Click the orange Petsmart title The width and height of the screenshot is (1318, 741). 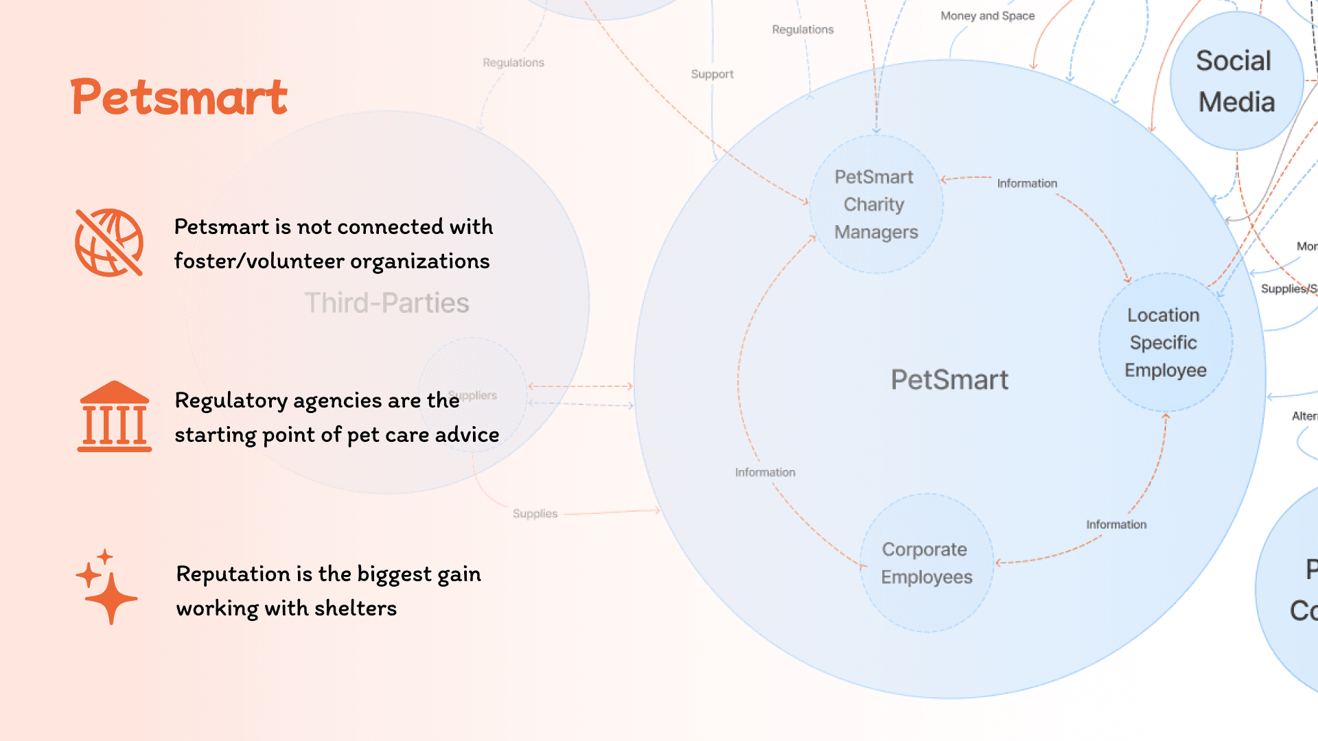178,97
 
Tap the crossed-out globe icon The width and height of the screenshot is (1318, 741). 109,242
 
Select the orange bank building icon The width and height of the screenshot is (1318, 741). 114,416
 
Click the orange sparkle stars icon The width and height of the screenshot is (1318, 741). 106,587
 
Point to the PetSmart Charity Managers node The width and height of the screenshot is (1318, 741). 875,204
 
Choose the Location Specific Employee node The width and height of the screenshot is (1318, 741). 1165,342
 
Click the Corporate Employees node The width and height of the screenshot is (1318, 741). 926,563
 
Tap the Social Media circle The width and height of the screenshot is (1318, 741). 1236,81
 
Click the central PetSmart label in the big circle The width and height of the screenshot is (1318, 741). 949,379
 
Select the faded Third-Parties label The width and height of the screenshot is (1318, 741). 386,303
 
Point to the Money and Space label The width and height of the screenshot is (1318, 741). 987,16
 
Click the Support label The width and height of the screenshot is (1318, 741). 712,74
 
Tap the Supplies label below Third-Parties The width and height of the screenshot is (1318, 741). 535,513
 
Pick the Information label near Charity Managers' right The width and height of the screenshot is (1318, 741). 1027,183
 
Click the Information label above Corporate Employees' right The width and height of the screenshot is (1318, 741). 1116,524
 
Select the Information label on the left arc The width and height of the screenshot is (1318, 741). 765,472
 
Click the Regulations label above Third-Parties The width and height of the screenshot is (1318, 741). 513,62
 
